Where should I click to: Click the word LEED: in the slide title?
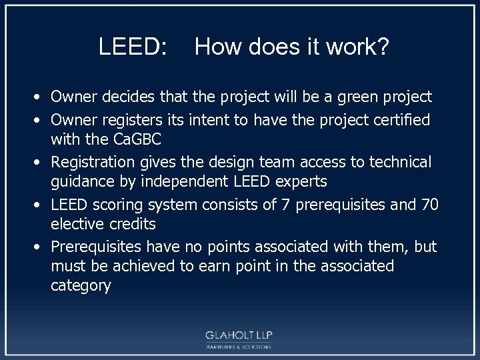tap(133, 47)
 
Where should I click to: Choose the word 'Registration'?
tap(94, 162)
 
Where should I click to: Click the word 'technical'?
tap(399, 162)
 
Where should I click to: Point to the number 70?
tap(429, 204)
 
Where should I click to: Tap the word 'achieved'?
tap(151, 266)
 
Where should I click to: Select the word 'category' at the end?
tap(81, 286)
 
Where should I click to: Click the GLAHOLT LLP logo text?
tap(239, 335)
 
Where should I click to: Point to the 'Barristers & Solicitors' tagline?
tap(239, 347)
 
